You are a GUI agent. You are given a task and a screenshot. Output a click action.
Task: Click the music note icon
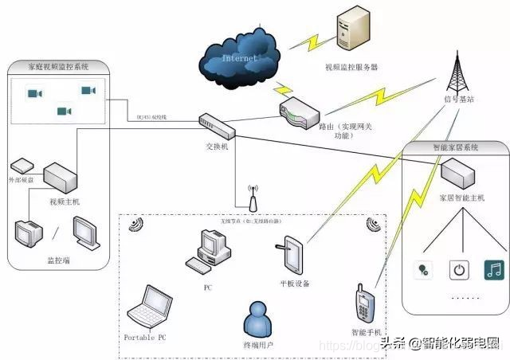[494, 269]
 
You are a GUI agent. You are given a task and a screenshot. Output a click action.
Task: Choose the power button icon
[458, 269]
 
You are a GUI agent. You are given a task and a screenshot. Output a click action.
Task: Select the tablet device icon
[292, 255]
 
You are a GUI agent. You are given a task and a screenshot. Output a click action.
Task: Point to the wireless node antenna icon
[251, 200]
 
